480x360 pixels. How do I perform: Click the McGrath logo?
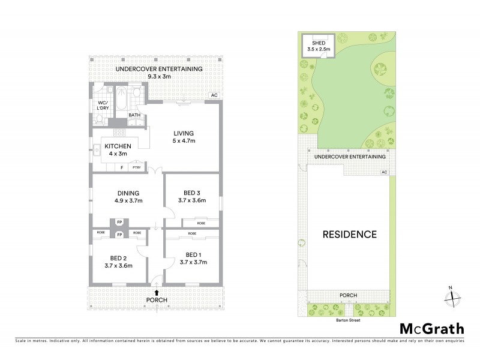click(432, 328)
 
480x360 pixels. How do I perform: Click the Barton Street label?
click(348, 320)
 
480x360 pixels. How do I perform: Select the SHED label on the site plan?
click(319, 43)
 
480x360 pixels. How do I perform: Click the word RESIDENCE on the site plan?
click(349, 234)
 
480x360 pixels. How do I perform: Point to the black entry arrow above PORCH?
click(157, 292)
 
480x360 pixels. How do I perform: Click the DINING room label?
click(128, 193)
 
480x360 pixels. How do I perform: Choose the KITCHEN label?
click(118, 146)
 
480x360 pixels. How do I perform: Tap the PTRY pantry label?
click(137, 168)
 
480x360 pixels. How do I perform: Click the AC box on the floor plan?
click(213, 95)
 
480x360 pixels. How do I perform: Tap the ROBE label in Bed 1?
click(193, 233)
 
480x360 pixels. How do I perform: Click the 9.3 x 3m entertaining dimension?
click(158, 76)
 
